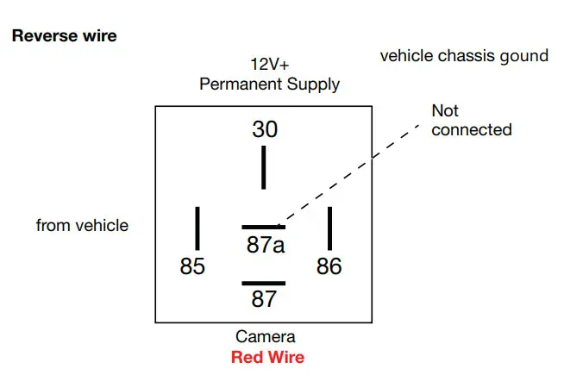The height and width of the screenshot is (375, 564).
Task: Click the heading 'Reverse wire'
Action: pos(64,37)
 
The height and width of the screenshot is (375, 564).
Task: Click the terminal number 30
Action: pos(265,129)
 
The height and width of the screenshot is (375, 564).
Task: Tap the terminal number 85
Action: pos(192,266)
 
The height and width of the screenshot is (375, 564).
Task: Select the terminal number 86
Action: pos(329,266)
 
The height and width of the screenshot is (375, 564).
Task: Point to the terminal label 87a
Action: pos(265,245)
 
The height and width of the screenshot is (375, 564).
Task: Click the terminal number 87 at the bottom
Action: pos(264,299)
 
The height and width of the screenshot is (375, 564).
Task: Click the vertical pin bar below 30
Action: pos(264,167)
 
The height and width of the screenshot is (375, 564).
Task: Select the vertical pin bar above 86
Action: pos(329,228)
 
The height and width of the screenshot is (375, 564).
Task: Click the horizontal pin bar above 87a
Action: pos(263,227)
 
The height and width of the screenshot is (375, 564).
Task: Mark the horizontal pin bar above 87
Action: pos(263,283)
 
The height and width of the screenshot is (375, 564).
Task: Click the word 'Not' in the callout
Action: pos(445,111)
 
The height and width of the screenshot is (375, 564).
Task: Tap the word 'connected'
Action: pos(471,130)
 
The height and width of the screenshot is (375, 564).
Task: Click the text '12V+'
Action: pos(269,66)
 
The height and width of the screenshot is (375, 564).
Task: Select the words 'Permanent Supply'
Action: pos(269,84)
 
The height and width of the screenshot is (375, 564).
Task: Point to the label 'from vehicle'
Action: pos(82,226)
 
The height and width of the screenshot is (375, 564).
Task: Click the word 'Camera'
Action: pos(265,337)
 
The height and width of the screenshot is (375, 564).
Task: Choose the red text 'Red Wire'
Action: pos(267,357)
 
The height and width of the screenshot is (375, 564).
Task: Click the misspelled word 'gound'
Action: pos(525,56)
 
